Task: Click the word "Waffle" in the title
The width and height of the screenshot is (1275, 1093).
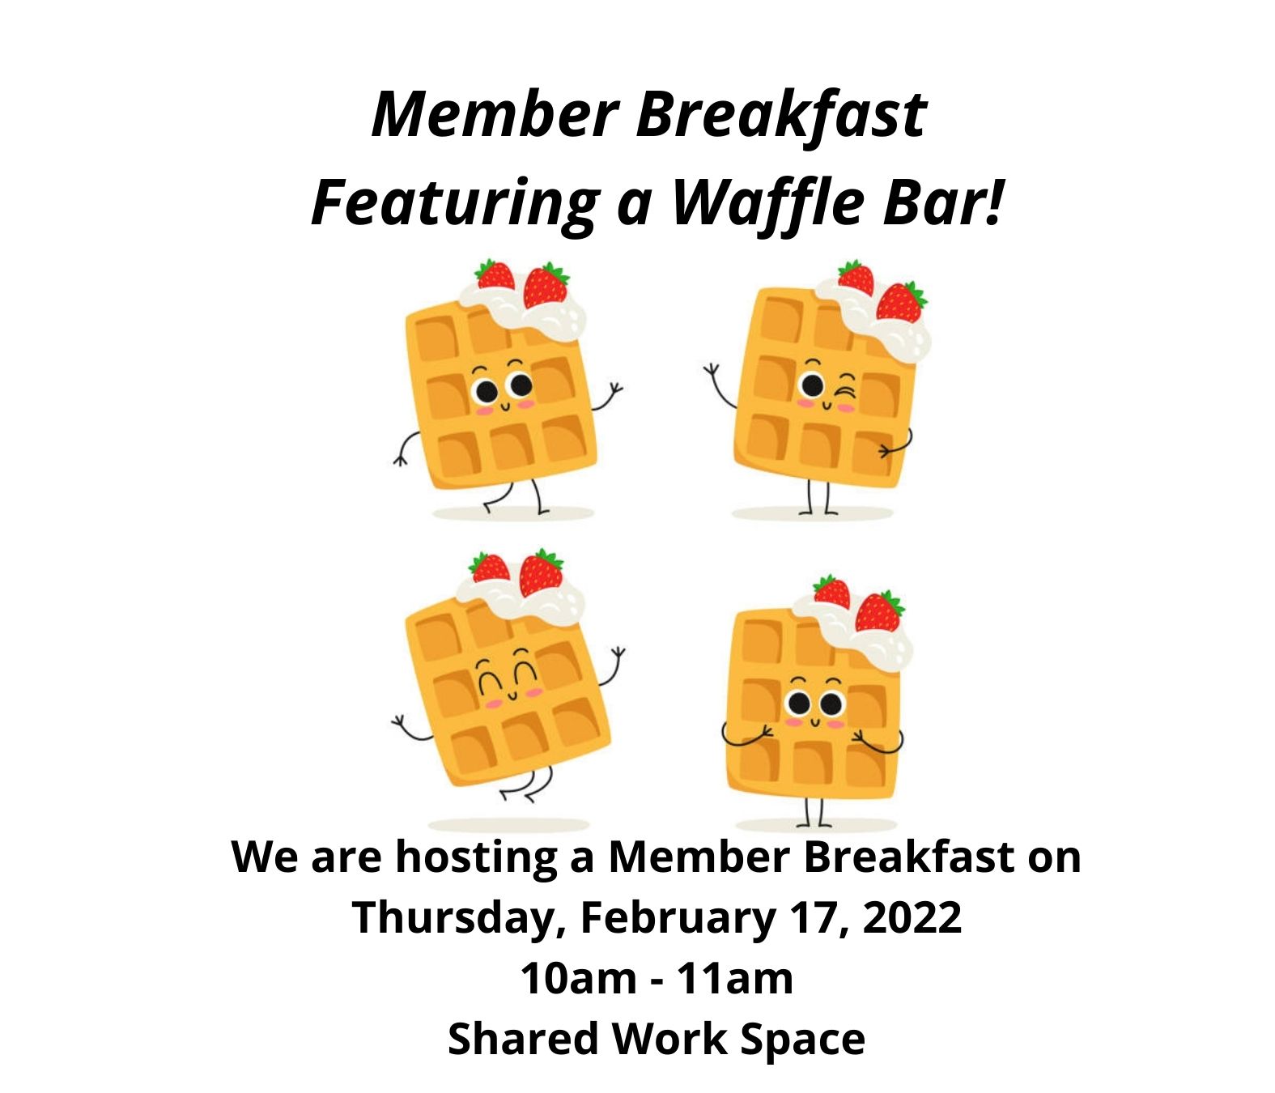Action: click(769, 203)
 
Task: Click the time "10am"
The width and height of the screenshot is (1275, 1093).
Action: click(579, 979)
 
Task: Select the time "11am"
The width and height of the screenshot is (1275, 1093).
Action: click(735, 979)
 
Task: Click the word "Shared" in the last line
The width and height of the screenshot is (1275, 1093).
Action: click(523, 1039)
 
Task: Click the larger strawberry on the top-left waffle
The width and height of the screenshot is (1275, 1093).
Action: click(546, 285)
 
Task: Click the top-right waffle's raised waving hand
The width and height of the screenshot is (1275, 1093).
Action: click(712, 372)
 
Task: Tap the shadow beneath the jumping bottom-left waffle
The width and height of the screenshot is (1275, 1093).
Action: click(508, 825)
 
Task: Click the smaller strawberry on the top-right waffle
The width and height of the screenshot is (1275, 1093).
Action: click(856, 279)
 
